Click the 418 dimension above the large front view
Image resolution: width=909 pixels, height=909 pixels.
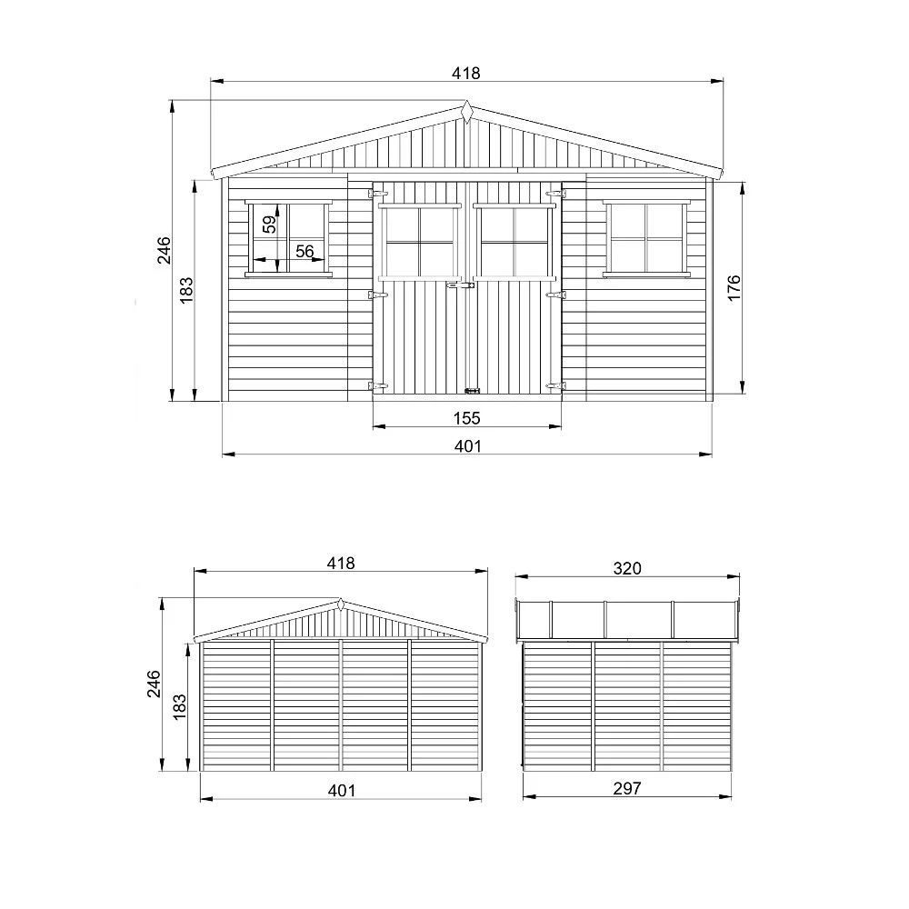click(x=466, y=73)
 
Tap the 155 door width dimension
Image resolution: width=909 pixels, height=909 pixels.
click(x=466, y=418)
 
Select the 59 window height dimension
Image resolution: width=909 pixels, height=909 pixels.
click(x=270, y=224)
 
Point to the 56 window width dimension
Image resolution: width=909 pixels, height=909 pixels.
click(x=305, y=251)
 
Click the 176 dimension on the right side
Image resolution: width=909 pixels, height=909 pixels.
click(x=734, y=287)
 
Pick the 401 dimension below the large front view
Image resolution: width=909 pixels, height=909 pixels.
click(x=467, y=445)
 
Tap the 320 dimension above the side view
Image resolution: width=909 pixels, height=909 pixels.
click(x=627, y=568)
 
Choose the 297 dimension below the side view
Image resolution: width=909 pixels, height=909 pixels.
click(x=627, y=788)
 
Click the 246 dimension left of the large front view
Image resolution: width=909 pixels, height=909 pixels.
click(x=165, y=250)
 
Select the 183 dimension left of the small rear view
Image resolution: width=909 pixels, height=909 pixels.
click(x=179, y=706)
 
